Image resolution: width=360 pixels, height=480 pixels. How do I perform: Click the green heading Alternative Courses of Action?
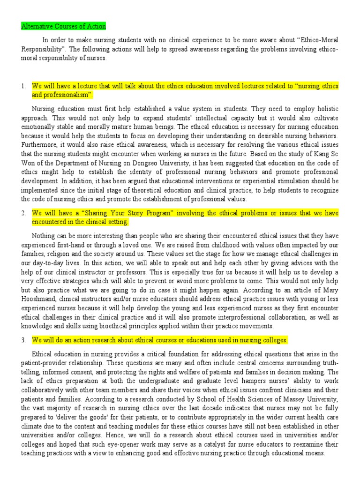point(64,27)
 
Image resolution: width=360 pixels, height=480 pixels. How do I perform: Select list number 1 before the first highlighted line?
point(23,87)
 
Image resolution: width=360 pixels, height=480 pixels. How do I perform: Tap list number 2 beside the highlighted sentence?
point(23,213)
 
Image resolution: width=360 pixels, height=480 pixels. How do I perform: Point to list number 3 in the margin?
point(23,340)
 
